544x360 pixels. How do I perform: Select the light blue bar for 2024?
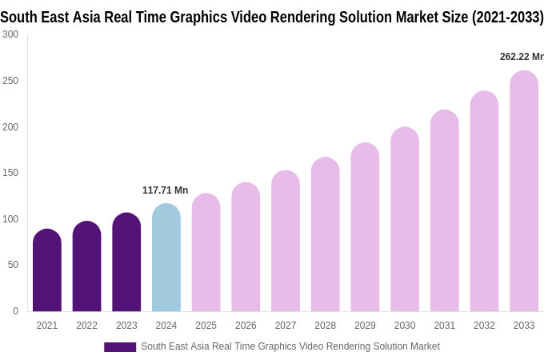166,258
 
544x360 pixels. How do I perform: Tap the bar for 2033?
524,191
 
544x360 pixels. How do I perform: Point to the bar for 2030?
405,219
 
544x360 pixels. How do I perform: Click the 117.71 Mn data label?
165,190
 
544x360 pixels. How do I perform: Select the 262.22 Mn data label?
521,57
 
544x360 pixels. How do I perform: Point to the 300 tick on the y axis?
10,34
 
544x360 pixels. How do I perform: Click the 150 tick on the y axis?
10,173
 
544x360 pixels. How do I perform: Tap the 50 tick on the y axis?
13,265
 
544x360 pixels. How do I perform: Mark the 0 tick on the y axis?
15,311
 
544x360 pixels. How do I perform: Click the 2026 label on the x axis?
246,326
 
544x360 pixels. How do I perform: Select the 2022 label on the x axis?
86,326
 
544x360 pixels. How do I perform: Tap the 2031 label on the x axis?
445,326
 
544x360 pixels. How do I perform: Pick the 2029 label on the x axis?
365,326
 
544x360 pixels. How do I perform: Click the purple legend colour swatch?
120,347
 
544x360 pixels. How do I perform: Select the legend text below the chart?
290,346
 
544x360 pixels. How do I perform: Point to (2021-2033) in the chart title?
507,17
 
